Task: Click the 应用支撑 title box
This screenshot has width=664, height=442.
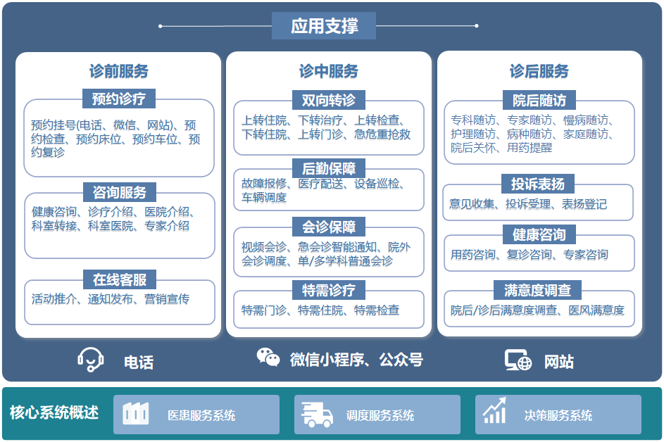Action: (x=324, y=26)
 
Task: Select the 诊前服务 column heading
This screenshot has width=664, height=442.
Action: (x=119, y=71)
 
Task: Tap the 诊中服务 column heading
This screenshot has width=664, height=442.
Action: (x=329, y=71)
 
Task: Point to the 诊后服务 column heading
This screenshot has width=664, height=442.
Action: (x=539, y=71)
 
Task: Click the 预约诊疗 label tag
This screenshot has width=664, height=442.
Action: (x=119, y=98)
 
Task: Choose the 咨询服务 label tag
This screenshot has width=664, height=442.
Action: (x=119, y=192)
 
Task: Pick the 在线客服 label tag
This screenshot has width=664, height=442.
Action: (x=119, y=279)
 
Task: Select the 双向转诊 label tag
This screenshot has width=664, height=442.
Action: (x=329, y=99)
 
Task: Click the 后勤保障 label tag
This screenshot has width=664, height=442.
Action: (x=329, y=168)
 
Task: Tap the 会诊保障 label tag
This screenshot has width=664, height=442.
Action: (x=329, y=227)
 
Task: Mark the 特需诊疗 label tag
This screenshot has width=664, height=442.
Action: (x=329, y=289)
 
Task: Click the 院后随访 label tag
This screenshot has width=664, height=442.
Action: (x=539, y=99)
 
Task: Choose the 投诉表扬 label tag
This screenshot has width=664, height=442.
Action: (x=538, y=184)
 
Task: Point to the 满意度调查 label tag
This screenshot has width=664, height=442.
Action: (x=538, y=289)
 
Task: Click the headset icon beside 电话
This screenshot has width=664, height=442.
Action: (x=91, y=360)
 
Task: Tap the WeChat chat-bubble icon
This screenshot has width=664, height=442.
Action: (x=268, y=358)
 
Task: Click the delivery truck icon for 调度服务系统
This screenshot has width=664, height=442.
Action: (x=317, y=415)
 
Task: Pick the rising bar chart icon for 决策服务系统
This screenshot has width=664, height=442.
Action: (x=495, y=411)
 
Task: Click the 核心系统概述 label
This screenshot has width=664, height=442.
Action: (x=54, y=412)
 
